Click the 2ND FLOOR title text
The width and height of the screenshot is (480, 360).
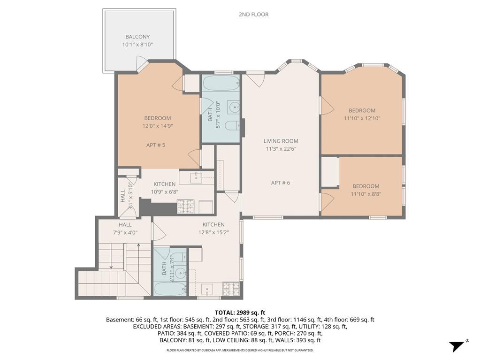253,15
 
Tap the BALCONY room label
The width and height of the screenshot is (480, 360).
137,37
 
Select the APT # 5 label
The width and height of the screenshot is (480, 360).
156,145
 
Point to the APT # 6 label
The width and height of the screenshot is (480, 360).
281,183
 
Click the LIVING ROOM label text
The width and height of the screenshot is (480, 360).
281,141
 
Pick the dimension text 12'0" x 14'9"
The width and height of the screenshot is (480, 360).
157,126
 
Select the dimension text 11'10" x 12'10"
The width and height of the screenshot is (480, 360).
362,118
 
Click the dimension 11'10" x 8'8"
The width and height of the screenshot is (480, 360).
366,194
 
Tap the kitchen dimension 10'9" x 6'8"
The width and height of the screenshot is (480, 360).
164,192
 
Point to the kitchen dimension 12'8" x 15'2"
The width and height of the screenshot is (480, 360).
213,232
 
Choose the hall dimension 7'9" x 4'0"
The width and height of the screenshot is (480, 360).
125,232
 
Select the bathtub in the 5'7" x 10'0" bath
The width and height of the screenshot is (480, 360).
221,83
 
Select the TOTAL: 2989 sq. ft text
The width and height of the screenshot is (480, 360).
240,313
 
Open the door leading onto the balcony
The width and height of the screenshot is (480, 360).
141,64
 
